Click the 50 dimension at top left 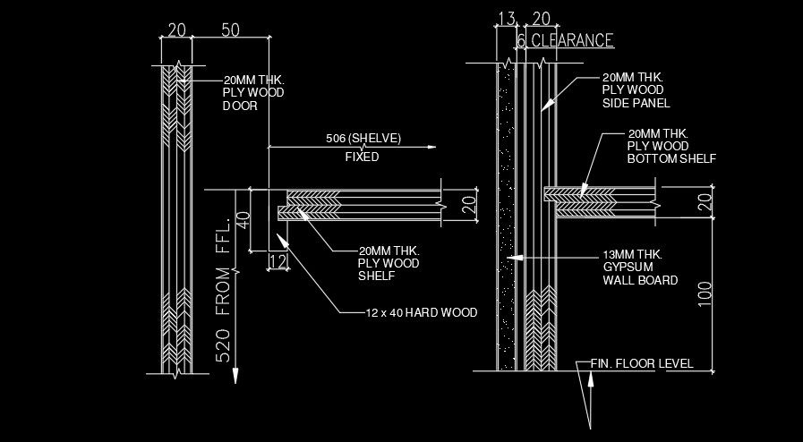pyautogui.click(x=230, y=30)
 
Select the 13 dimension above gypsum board pyautogui.click(x=506, y=20)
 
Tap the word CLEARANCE pyautogui.click(x=572, y=40)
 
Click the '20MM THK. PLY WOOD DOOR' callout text pyautogui.click(x=253, y=92)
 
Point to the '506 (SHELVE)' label pyautogui.click(x=363, y=139)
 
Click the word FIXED pyautogui.click(x=362, y=157)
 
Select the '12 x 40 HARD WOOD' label pyautogui.click(x=421, y=313)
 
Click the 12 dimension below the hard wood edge pyautogui.click(x=278, y=261)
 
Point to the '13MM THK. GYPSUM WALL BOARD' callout pyautogui.click(x=639, y=268)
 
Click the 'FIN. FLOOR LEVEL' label pyautogui.click(x=641, y=364)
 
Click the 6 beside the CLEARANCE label pyautogui.click(x=520, y=41)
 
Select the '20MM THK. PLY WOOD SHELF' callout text pyautogui.click(x=389, y=263)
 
